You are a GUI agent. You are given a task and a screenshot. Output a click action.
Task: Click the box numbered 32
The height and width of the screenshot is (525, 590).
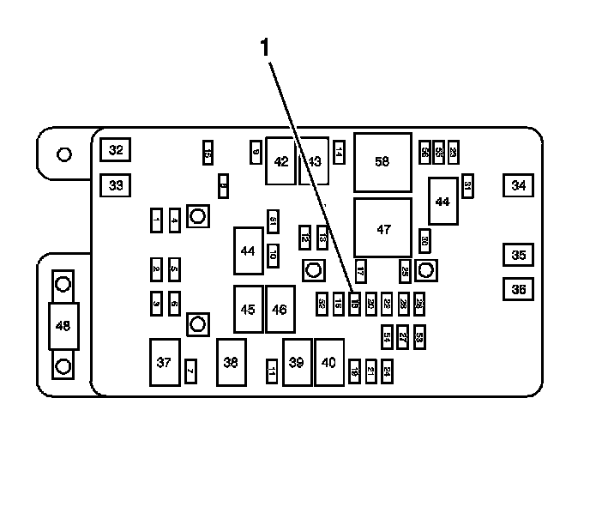tap(115, 150)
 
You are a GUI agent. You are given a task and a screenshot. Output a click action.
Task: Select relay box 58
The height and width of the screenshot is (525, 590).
tap(382, 162)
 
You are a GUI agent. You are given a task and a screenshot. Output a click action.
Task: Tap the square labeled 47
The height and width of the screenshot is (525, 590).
tap(382, 228)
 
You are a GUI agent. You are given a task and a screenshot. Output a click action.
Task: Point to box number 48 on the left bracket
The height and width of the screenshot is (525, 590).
tap(63, 326)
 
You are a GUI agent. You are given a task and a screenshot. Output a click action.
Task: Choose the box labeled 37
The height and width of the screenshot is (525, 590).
tap(164, 362)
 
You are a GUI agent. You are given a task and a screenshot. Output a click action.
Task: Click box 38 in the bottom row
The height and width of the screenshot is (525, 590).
tap(231, 362)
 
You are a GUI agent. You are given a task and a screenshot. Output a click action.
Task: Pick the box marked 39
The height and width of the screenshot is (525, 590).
tap(297, 362)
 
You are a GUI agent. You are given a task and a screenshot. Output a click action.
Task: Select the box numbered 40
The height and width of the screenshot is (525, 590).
tap(328, 362)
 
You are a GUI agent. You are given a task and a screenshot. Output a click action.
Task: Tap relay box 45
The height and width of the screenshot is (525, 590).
tap(249, 309)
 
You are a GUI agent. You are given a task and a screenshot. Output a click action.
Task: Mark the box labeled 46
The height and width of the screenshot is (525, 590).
tap(280, 309)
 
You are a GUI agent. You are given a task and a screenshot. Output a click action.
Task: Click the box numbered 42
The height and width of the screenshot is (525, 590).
tap(280, 160)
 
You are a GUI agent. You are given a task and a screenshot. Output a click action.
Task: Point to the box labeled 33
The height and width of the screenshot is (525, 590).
tap(115, 184)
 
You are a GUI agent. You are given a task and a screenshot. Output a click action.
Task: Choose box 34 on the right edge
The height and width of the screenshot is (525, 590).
tap(518, 184)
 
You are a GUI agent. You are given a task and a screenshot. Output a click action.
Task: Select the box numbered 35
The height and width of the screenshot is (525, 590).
tap(518, 255)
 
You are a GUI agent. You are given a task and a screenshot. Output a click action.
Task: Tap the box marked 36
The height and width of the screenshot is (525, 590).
tap(518, 289)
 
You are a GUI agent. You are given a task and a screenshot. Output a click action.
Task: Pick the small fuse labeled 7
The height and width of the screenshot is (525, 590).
tap(190, 371)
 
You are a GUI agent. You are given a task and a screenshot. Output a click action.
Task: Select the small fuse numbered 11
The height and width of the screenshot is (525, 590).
tap(272, 371)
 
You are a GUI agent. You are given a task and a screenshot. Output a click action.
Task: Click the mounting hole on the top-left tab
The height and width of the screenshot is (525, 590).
tap(63, 155)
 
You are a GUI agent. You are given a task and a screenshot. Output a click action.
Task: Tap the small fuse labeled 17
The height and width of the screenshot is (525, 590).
tap(361, 270)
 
